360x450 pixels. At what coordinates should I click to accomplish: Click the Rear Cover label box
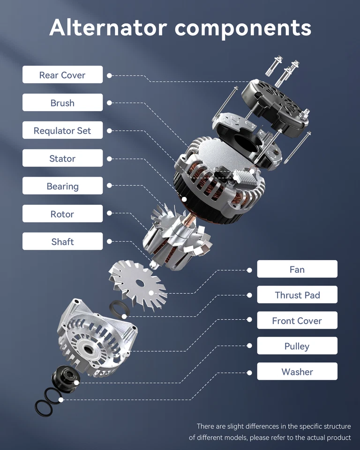coord(62,75)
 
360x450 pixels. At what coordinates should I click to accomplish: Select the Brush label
coord(62,103)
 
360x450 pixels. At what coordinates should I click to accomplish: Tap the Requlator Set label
coord(62,131)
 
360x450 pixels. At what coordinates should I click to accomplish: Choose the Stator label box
coord(62,158)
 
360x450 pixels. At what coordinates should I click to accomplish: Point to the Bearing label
coord(62,186)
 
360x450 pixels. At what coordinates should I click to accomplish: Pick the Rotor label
coord(62,214)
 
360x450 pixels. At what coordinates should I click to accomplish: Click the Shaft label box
coord(62,241)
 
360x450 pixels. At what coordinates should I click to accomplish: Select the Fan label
coord(297,270)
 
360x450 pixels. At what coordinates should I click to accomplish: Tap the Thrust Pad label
coord(297,295)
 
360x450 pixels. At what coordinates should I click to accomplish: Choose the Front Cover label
coord(297,321)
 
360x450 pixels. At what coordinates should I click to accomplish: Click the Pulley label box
coord(297,346)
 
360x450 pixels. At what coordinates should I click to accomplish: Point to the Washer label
coord(297,372)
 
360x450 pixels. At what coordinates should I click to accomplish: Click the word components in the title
coord(243,28)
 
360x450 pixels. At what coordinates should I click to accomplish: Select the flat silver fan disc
coord(136,283)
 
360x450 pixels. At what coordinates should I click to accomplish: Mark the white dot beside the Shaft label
coord(109,241)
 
